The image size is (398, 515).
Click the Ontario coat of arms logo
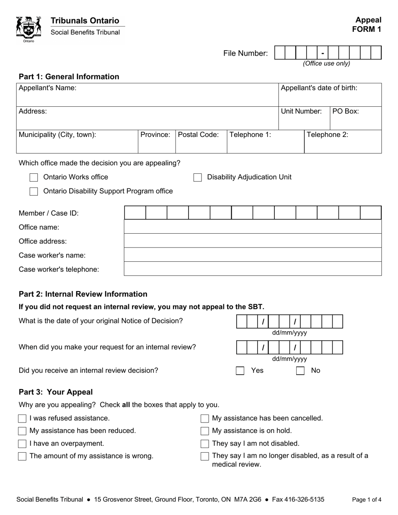[x=28, y=29]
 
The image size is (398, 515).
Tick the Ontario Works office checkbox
[x=34, y=178]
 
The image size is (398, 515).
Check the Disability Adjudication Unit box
[x=197, y=178]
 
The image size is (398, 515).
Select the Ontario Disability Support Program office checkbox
[x=34, y=191]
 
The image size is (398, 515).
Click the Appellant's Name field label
[x=47, y=88]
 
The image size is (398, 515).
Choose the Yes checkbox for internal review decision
[x=240, y=371]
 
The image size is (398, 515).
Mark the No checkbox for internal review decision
[x=300, y=371]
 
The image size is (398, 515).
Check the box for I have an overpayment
[x=22, y=443]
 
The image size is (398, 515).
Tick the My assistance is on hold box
[x=205, y=431]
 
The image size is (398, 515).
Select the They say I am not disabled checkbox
[x=205, y=443]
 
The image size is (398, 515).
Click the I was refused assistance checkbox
[x=22, y=418]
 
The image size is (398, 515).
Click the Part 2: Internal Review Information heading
[x=83, y=294]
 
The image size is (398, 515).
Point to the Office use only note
[x=326, y=64]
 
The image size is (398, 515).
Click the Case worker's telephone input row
[x=253, y=269]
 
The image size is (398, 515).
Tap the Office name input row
[x=253, y=227]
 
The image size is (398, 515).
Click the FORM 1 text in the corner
[x=367, y=29]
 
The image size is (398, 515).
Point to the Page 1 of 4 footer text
[x=367, y=500]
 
